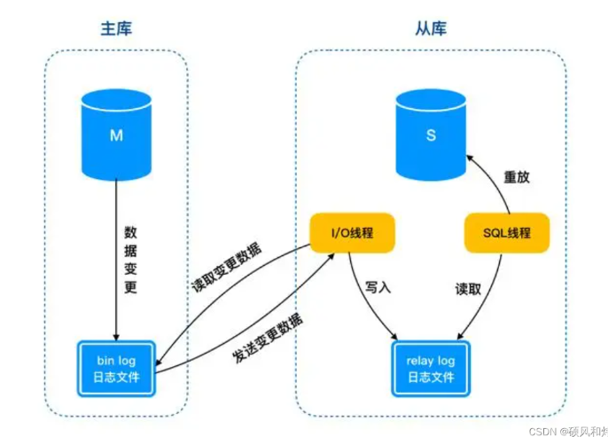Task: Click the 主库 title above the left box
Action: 116,28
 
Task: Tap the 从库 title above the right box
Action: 431,28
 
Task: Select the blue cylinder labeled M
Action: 116,135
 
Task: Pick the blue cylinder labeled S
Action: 431,135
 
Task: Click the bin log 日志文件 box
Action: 116,369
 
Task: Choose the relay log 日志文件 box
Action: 431,369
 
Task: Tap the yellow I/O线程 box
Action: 352,232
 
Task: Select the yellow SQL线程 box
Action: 507,232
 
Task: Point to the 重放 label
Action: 517,177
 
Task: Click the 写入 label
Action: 378,287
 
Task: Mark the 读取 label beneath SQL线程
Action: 468,289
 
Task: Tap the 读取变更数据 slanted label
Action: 227,268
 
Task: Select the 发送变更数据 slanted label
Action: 268,338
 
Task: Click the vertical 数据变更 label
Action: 130,260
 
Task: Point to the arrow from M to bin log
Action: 116,260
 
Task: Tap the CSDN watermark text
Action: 568,431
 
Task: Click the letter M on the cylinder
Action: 116,136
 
